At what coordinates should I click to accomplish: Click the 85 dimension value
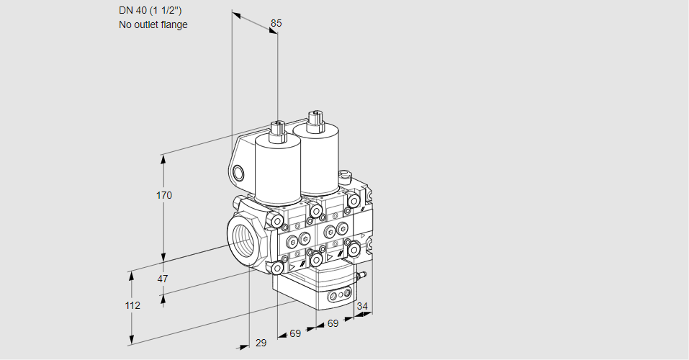[276, 23]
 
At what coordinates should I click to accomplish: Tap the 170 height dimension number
[165, 195]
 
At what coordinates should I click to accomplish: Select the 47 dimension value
[163, 279]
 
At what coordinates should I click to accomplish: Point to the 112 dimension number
[132, 305]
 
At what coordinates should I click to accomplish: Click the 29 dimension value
[261, 343]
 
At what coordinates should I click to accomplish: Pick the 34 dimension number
[361, 307]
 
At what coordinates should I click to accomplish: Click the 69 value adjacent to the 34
[333, 324]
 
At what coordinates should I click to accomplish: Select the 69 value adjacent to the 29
[295, 334]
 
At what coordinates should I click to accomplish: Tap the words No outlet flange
[153, 24]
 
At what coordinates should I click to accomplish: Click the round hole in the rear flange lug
[238, 173]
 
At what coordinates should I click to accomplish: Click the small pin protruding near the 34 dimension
[364, 274]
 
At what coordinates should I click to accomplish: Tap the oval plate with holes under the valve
[338, 295]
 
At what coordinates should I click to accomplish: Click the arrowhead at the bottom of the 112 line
[132, 341]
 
